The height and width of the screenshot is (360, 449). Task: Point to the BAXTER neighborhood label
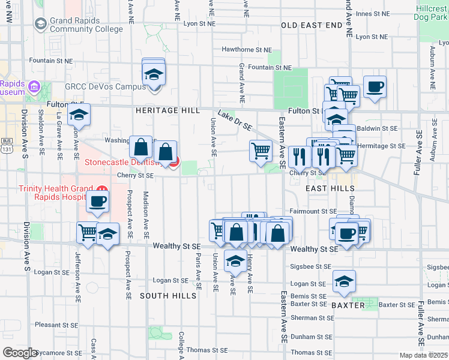348,305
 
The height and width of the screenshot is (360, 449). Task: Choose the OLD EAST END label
312,25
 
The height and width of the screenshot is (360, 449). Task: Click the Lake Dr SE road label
234,122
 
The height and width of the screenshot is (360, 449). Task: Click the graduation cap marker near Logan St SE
344,281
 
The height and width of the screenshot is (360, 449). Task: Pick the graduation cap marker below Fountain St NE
154,76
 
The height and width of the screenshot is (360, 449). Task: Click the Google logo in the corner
20,352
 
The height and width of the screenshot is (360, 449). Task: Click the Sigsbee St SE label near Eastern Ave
311,266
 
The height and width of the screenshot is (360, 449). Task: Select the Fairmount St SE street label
313,211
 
